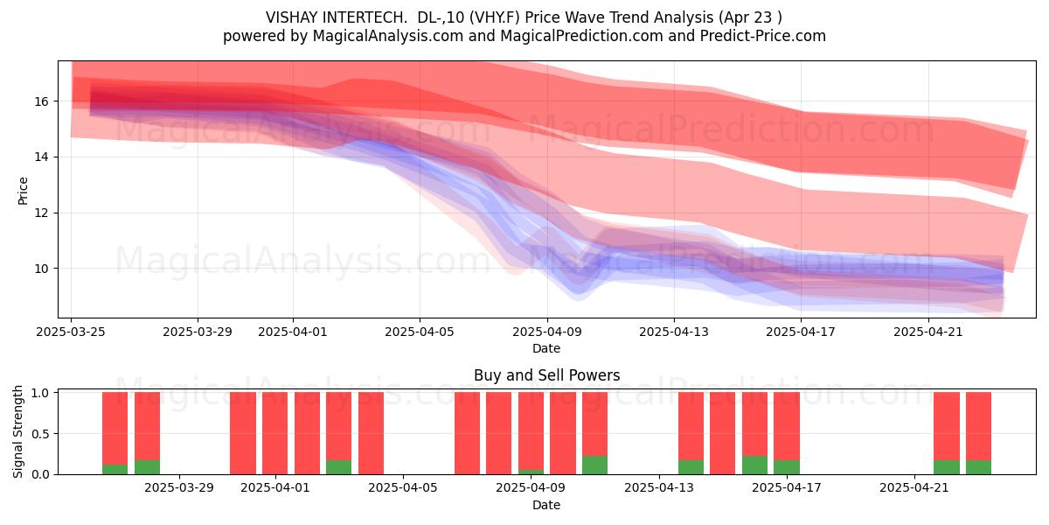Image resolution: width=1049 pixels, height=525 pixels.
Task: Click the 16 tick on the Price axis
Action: tap(44, 101)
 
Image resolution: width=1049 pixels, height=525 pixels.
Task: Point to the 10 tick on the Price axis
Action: tap(44, 269)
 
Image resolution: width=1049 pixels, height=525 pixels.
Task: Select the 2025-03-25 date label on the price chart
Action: tap(71, 332)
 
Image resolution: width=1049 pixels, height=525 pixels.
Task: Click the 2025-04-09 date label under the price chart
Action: tap(547, 332)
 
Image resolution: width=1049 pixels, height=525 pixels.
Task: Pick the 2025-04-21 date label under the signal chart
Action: tap(914, 488)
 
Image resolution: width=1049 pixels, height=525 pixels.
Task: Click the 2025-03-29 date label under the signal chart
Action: tap(179, 488)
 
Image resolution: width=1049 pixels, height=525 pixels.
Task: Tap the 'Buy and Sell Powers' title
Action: tap(547, 375)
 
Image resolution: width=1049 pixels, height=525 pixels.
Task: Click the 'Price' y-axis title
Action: tap(23, 191)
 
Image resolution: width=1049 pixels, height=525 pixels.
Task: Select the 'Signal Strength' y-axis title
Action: tap(17, 431)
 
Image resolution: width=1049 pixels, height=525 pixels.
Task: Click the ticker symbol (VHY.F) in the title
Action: tap(495, 17)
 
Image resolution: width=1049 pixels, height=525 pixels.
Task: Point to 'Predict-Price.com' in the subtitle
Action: tap(763, 36)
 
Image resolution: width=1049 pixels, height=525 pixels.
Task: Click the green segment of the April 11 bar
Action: tap(594, 465)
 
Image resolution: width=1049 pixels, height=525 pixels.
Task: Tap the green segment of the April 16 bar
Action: tap(755, 465)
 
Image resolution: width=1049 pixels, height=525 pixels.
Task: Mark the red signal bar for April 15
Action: tap(723, 433)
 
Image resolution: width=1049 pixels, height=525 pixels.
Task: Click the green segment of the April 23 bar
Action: tap(979, 467)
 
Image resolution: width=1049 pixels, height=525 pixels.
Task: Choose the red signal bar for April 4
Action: tap(371, 433)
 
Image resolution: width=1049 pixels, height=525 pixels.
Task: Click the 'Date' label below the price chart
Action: tap(546, 348)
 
